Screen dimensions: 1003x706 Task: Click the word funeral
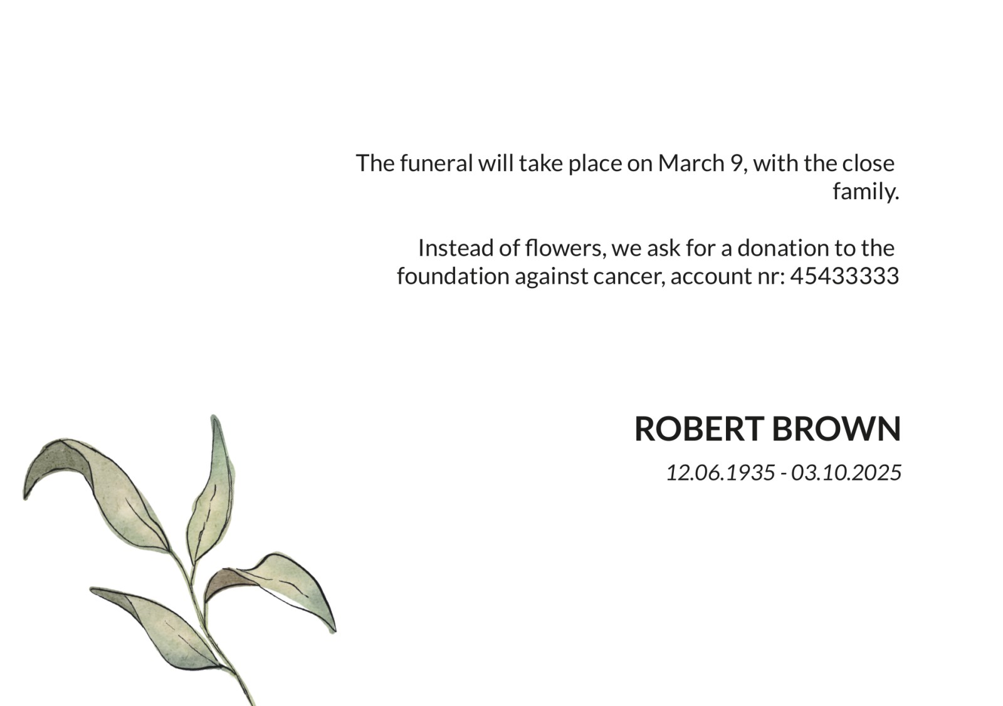coord(436,163)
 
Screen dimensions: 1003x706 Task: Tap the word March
coord(691,163)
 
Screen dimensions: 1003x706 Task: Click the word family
coord(866,192)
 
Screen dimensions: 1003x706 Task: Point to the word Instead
coord(456,248)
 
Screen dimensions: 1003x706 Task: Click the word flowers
coord(565,248)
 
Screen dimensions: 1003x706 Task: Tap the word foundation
coord(453,276)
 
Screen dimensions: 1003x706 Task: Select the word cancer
coord(629,276)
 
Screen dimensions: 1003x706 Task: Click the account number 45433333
coord(844,276)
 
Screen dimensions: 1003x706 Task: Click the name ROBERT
coord(700,428)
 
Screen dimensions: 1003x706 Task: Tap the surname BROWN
coord(836,428)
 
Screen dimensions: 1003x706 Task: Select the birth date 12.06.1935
coord(720,472)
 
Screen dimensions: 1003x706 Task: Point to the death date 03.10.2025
coord(846,472)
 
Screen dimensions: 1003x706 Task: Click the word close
coord(868,163)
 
